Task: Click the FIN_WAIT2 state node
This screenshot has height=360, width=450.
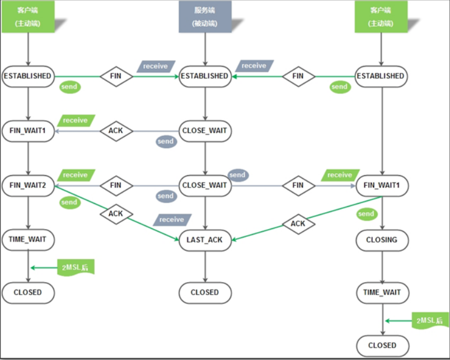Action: click(x=28, y=185)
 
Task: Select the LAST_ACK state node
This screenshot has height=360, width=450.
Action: click(x=205, y=240)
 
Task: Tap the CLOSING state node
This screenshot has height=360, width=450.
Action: click(x=382, y=240)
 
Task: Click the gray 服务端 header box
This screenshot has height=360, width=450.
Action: click(x=205, y=17)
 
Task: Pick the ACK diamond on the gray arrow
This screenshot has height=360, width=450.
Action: click(x=116, y=131)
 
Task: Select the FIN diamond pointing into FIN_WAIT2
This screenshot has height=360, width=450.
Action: click(x=116, y=185)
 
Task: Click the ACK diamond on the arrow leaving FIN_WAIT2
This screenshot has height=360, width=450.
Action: click(x=116, y=213)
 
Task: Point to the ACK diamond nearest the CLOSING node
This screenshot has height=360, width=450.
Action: click(x=298, y=224)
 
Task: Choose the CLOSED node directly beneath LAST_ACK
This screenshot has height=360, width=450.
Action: click(x=205, y=292)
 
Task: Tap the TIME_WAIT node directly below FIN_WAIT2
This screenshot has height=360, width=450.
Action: click(x=28, y=240)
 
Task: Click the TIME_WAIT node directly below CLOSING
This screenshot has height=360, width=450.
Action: click(x=382, y=292)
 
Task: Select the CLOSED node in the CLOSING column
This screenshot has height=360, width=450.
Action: click(x=382, y=345)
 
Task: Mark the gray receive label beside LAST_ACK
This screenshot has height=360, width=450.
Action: click(x=172, y=219)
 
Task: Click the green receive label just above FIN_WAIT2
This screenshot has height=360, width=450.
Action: click(x=76, y=175)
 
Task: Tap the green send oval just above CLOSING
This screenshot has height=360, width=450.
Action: click(x=366, y=213)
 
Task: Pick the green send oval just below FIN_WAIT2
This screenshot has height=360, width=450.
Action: click(x=69, y=202)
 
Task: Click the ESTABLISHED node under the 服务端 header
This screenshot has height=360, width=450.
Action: click(x=205, y=76)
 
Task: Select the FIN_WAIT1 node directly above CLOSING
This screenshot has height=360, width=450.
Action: click(x=382, y=185)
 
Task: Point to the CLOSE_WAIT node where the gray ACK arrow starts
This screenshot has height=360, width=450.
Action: click(x=205, y=131)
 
